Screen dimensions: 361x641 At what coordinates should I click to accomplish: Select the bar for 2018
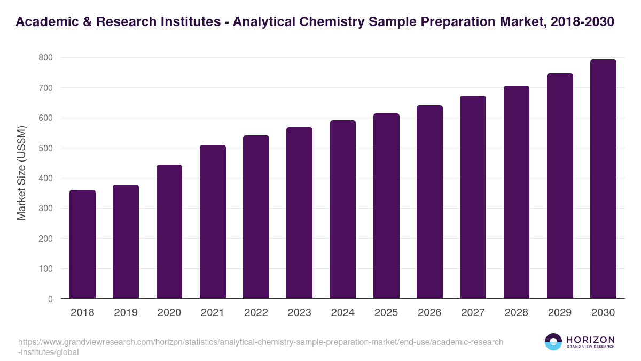[x=82, y=244]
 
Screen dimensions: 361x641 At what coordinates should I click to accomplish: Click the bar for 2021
[x=213, y=222]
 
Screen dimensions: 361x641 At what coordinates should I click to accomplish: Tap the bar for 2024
[x=343, y=210]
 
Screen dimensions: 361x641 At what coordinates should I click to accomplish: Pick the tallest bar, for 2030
[x=603, y=179]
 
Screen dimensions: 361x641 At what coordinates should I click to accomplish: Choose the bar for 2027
[x=473, y=197]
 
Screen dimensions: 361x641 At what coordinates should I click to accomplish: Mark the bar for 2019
[x=126, y=242]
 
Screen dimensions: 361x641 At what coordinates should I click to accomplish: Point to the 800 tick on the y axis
[x=46, y=57]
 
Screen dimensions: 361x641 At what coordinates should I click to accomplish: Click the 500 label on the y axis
[x=46, y=148]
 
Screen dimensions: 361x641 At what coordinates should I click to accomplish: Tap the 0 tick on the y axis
[x=50, y=299]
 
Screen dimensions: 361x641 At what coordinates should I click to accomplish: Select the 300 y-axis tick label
[x=46, y=209]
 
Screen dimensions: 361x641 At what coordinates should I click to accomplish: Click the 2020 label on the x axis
[x=169, y=313]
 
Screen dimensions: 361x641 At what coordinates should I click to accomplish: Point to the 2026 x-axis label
[x=429, y=313]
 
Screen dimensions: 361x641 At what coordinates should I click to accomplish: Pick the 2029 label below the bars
[x=560, y=313]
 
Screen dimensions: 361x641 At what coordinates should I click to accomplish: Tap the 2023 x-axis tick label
[x=299, y=313]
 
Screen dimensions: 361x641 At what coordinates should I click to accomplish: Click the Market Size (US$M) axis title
[x=21, y=173]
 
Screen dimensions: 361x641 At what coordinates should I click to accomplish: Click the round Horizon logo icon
[x=553, y=342]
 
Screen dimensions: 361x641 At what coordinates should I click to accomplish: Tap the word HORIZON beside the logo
[x=590, y=340]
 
